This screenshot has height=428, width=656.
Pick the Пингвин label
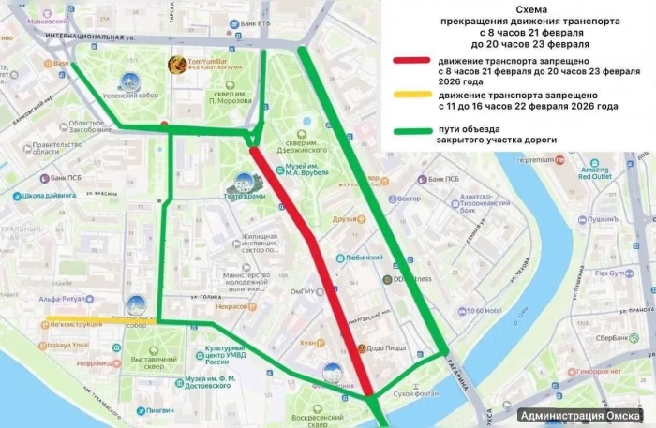pyautogui.click(x=160, y=410)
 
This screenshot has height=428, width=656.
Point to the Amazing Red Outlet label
pyautogui.click(x=594, y=171)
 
